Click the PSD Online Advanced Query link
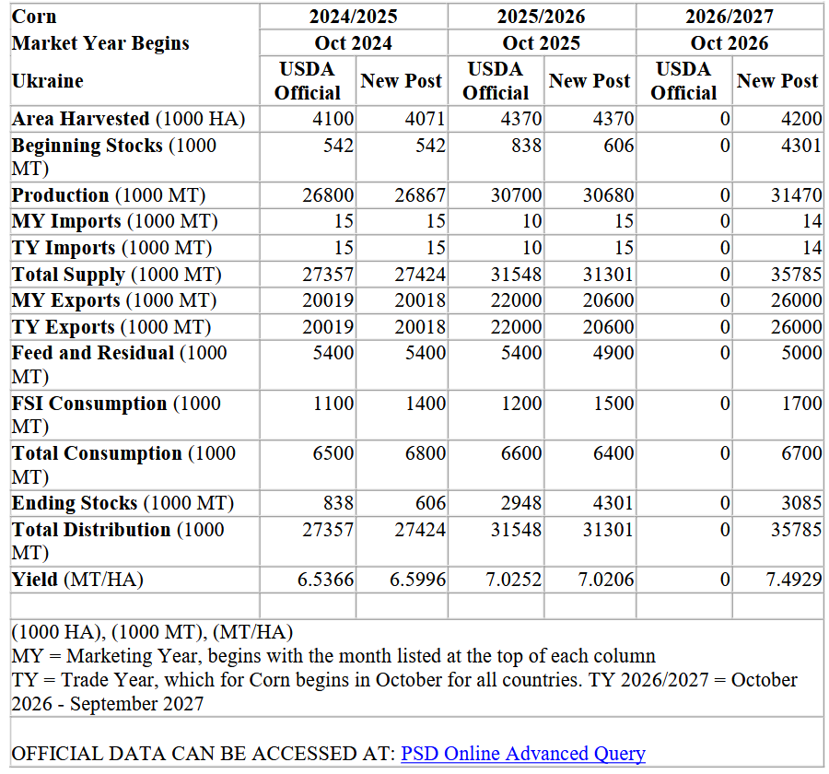[522, 754]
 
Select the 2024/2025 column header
[354, 17]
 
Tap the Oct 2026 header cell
[730, 42]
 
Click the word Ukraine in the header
[47, 81]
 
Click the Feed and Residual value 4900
[613, 353]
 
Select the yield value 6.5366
[325, 580]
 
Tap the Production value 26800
[328, 195]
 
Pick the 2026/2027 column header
[730, 17]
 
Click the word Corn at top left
[34, 17]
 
